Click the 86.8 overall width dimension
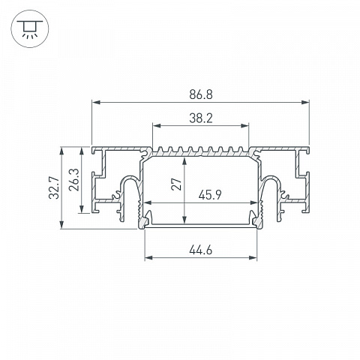(x=201, y=95)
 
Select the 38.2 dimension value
(x=201, y=118)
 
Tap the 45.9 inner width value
(x=210, y=195)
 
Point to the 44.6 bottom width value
(x=201, y=250)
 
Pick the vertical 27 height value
(x=176, y=184)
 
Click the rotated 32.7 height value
(x=54, y=187)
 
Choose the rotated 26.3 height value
(x=74, y=180)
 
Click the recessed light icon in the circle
(x=30, y=28)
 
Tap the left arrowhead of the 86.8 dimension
(x=96, y=102)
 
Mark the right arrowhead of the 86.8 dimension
(x=305, y=102)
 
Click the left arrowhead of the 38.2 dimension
(x=157, y=125)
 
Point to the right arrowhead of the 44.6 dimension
(x=253, y=257)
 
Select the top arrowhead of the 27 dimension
(x=184, y=161)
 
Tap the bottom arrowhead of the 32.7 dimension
(x=61, y=224)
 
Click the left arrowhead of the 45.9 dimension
(x=149, y=202)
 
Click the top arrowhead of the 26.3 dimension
(x=82, y=151)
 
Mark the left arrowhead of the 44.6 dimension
(x=149, y=257)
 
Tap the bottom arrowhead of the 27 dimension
(x=184, y=219)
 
